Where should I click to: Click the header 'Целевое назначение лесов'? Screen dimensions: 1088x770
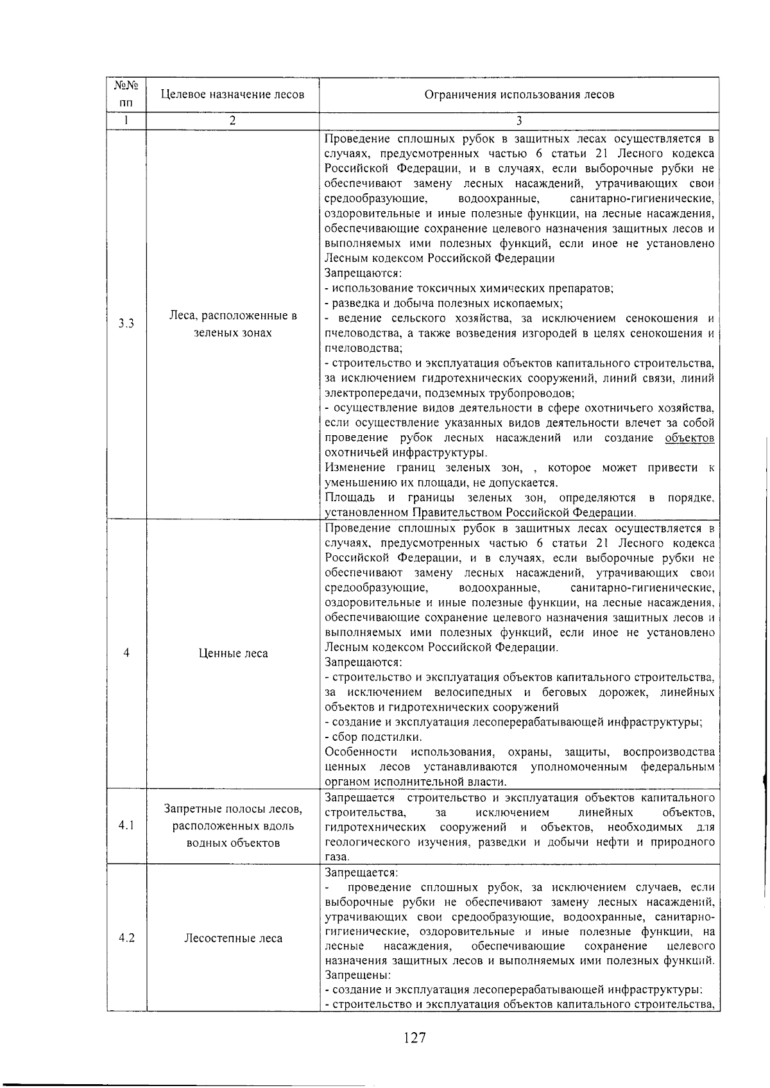232,95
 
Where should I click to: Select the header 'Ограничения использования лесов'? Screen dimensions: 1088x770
519,95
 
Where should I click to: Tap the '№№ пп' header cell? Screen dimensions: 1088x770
126,94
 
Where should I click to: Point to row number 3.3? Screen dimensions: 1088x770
126,324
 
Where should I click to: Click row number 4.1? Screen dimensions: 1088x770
126,825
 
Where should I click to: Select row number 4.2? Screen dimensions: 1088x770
126,938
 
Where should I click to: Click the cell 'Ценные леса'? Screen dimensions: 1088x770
233,653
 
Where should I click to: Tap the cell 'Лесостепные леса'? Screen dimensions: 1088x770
233,938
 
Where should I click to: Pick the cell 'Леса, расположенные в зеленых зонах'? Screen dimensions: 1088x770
233,324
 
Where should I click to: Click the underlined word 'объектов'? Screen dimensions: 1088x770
690,438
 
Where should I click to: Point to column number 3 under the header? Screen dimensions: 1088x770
519,121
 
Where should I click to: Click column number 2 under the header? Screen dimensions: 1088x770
232,121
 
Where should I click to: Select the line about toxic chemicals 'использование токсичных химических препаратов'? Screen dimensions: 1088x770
470,288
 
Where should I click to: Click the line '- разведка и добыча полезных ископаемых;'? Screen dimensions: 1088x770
444,303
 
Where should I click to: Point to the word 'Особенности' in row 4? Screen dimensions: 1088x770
361,752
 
